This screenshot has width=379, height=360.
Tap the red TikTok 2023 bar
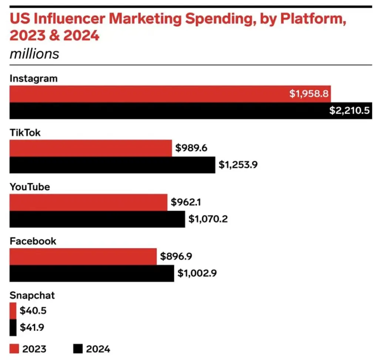tap(91, 148)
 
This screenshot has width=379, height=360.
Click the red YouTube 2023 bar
tap(88, 202)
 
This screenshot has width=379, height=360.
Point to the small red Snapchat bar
tap(13, 310)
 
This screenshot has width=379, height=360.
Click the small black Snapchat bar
tap(13, 327)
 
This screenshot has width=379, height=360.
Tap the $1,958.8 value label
tap(309, 94)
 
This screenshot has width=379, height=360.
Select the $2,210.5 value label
tap(349, 111)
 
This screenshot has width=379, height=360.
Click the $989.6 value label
tap(191, 148)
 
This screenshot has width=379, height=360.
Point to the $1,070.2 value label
tap(208, 219)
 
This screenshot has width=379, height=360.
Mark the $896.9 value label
tap(176, 256)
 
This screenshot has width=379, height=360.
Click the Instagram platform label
tap(34, 79)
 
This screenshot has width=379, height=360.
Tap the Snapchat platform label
tap(32, 295)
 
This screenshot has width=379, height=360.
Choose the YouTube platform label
tap(30, 187)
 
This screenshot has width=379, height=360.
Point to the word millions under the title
tap(34, 54)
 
